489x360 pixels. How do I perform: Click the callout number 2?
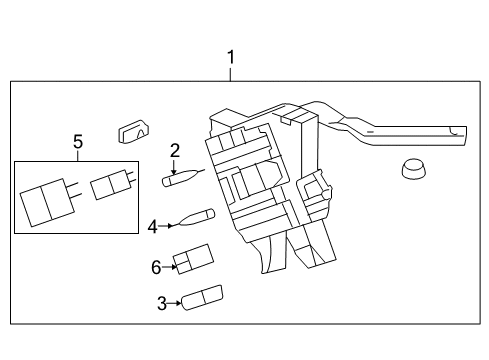(174, 151)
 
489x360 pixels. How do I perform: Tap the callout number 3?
(161, 303)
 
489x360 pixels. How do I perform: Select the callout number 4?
(153, 227)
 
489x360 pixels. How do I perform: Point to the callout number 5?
(77, 142)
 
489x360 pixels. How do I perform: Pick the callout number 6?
(156, 267)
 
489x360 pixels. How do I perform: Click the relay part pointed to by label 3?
(201, 297)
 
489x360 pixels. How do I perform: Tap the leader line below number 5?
(77, 156)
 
